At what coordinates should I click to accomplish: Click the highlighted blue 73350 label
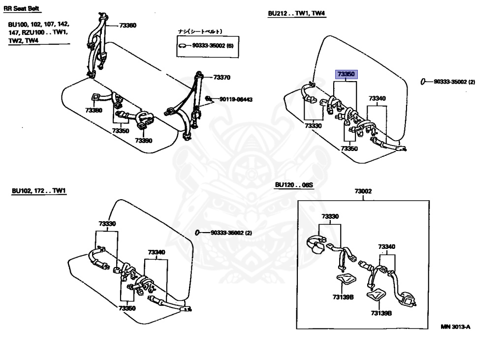point(346,75)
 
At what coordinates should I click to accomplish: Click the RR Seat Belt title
point(22,8)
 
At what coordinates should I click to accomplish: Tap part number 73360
point(127,25)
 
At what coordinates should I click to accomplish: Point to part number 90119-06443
point(236,99)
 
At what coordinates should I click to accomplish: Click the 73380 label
point(93,110)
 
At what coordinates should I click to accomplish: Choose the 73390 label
point(144,140)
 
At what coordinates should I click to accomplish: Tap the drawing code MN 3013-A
point(455,327)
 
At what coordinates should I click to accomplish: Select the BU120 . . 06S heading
point(294,185)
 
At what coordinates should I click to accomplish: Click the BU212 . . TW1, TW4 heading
point(297,14)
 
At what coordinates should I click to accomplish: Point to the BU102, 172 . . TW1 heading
point(39,190)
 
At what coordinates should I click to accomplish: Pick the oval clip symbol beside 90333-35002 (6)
point(183,46)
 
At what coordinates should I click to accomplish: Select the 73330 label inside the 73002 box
point(330,216)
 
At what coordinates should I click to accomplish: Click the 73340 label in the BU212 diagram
point(378,98)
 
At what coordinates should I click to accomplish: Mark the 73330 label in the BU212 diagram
point(313,126)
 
